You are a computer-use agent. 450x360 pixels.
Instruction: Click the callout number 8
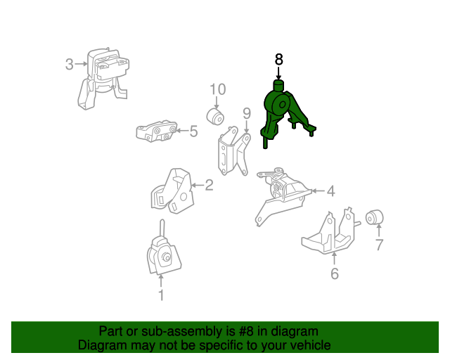coord(278,60)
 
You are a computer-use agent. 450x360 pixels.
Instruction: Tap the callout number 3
coord(69,64)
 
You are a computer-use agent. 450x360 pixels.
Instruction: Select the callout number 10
coord(218,89)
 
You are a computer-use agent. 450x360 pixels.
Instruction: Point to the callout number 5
coord(194,131)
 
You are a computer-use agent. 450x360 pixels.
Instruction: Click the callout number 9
coord(247,113)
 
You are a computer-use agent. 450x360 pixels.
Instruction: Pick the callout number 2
coord(209,185)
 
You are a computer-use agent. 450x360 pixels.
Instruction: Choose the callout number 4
coord(331,191)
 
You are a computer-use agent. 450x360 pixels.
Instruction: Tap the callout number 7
coord(379,245)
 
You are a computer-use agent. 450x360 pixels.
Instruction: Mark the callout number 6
coord(335,274)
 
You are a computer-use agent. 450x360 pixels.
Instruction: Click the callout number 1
coord(161,295)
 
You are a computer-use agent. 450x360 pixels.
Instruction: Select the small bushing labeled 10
coord(215,117)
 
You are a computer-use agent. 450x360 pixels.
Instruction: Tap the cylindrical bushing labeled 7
coord(375,217)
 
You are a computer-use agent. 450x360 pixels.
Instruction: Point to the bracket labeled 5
coord(156,131)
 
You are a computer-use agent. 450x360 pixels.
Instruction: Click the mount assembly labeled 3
coord(103,79)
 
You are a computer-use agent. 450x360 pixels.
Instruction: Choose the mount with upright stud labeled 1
coord(163,248)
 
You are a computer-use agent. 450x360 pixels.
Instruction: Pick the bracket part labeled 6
coord(330,232)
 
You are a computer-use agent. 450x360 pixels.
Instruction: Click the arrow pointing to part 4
coord(319,191)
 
